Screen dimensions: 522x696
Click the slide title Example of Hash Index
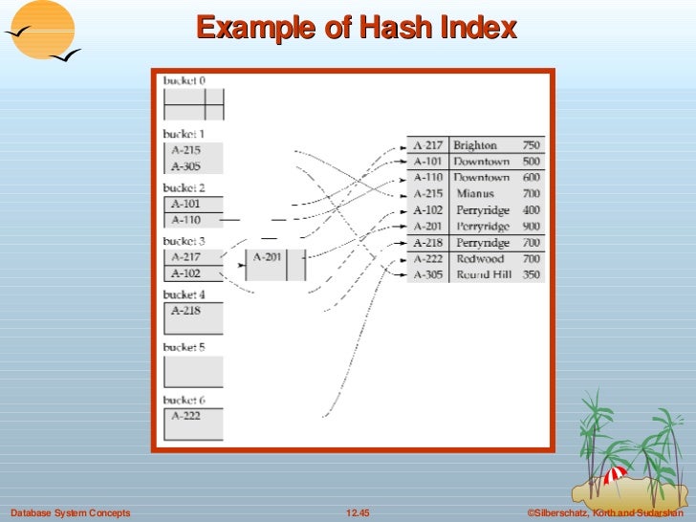[x=357, y=29]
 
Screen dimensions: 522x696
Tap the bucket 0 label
[x=184, y=81]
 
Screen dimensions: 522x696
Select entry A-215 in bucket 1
[x=185, y=150]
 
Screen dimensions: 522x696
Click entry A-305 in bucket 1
[x=185, y=166]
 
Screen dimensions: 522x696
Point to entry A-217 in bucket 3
[x=185, y=256]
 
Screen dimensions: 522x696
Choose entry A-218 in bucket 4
[x=185, y=311]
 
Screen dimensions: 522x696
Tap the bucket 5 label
[x=184, y=348]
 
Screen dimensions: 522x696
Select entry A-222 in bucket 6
[x=185, y=416]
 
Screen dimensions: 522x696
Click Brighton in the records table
[x=475, y=145]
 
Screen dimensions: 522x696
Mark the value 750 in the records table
[x=531, y=145]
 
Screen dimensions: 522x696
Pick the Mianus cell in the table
[x=475, y=194]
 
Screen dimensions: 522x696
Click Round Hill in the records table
[x=483, y=275]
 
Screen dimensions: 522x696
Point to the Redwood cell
[x=479, y=259]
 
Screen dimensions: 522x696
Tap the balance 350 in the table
[x=531, y=275]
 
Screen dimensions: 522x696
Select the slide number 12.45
[x=357, y=513]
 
